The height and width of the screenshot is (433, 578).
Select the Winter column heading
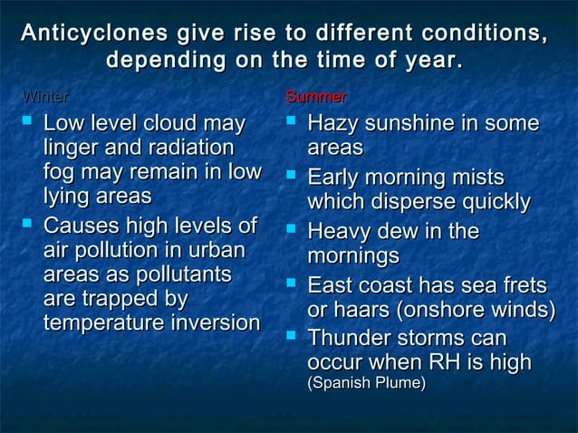tap(44, 96)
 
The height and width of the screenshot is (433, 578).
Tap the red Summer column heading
tap(316, 96)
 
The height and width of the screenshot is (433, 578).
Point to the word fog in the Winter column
tap(61, 171)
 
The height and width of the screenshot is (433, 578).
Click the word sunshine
tap(423, 122)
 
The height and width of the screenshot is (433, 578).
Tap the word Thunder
tap(352, 339)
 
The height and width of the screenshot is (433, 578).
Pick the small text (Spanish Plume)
tap(366, 384)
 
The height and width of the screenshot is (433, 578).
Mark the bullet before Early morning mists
tap(293, 174)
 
